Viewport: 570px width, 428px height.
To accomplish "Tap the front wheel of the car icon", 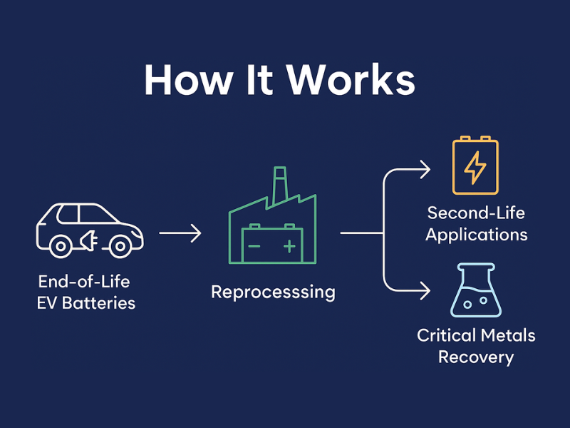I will pos(120,246).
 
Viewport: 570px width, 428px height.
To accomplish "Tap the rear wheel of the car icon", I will pos(61,246).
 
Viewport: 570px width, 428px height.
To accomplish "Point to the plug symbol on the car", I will pos(90,241).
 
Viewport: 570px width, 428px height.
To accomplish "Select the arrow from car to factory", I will pos(180,233).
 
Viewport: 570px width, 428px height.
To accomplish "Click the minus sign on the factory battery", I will pos(254,247).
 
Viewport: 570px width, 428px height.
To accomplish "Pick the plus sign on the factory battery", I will pos(289,247).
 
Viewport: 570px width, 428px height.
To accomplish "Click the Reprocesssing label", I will pos(273,292).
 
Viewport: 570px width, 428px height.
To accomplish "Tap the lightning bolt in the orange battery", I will pos(475,168).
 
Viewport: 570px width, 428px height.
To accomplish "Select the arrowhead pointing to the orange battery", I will pos(425,170).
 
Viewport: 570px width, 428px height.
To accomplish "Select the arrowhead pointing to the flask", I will pos(425,291).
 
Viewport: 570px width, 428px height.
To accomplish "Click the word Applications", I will pos(476,234).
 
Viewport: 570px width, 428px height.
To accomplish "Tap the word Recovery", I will pos(475,357).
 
